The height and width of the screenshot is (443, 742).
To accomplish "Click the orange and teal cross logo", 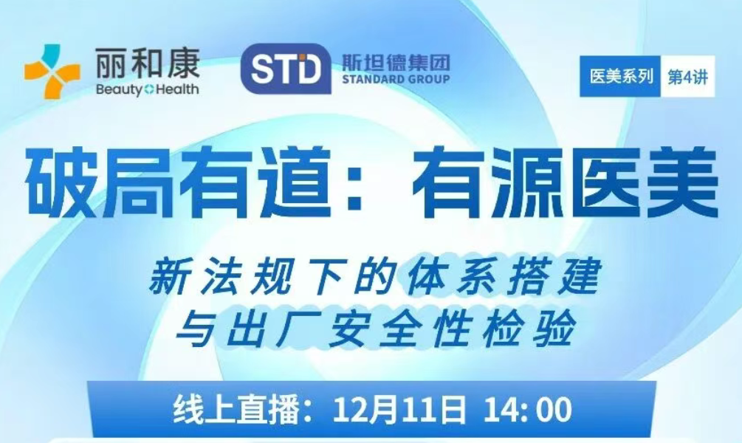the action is [52, 71].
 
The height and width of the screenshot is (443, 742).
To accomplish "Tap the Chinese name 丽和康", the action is [148, 63].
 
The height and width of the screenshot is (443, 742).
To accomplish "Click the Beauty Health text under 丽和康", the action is [147, 89].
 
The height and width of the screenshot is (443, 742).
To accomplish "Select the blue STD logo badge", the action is [286, 69].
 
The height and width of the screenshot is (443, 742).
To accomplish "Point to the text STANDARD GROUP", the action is [396, 78].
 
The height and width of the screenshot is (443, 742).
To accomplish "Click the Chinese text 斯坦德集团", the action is [396, 61].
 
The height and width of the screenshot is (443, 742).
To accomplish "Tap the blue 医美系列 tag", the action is [620, 76].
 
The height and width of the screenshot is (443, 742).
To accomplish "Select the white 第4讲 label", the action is [687, 77].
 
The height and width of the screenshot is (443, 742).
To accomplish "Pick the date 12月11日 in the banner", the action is [400, 409].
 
